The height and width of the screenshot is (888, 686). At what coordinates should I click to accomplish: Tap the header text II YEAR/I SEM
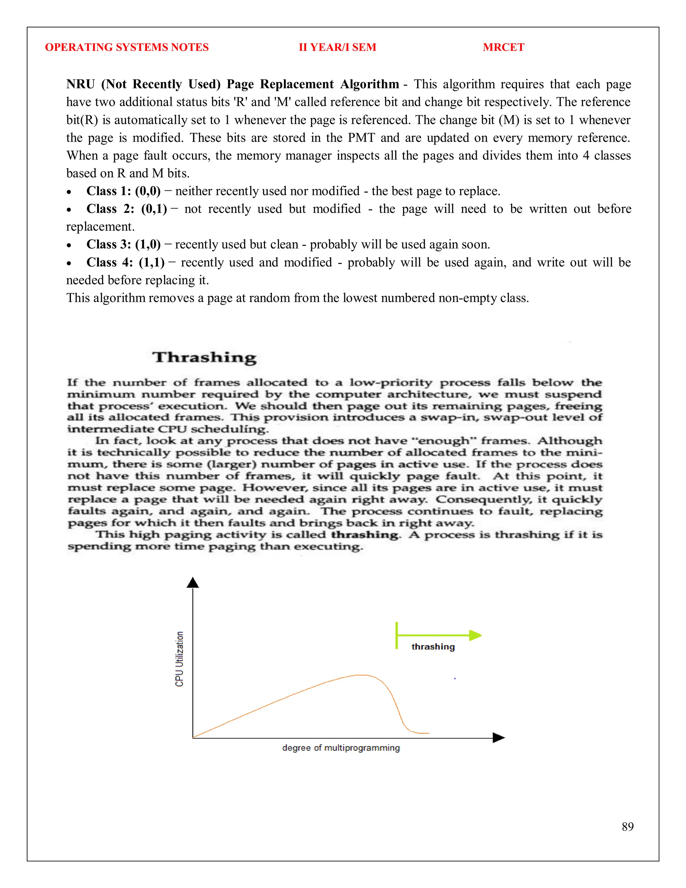click(x=337, y=47)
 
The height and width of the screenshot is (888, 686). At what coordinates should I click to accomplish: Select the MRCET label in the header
click(x=503, y=47)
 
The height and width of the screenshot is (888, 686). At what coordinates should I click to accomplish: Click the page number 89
click(x=627, y=827)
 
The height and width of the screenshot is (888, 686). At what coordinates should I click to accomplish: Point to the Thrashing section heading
click(x=204, y=358)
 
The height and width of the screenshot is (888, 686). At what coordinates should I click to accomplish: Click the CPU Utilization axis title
click(x=179, y=659)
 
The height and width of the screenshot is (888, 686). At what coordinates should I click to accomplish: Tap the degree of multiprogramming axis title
click(x=341, y=748)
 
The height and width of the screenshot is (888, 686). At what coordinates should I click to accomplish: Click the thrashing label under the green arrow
click(x=433, y=646)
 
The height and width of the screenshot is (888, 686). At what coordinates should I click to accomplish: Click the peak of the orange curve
click(x=361, y=675)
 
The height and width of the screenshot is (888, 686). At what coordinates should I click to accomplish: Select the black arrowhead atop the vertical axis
click(x=193, y=583)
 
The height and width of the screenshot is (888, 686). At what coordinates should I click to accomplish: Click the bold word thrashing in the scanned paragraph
click(x=364, y=535)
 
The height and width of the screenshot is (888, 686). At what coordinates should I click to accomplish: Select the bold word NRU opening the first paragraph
click(x=80, y=84)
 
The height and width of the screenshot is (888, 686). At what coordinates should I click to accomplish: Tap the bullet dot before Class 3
click(x=69, y=246)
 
